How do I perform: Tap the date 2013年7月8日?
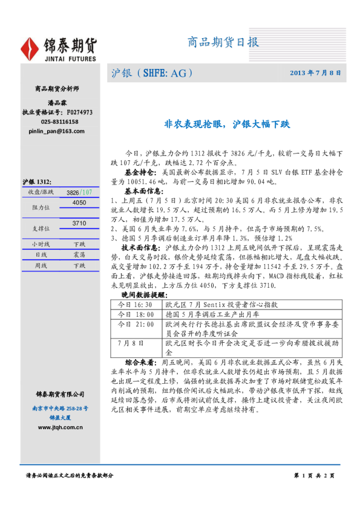pos(315,73)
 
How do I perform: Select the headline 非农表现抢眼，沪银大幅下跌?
pos(227,125)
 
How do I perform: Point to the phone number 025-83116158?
pos(60,122)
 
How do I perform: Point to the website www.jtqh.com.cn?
pos(60,427)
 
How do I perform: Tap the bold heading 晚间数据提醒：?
pos(143,294)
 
